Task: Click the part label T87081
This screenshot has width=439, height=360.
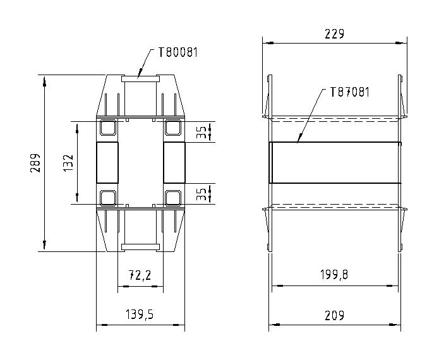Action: click(x=349, y=92)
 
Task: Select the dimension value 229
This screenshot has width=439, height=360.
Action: click(x=335, y=34)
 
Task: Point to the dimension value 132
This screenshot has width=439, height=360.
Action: click(x=69, y=162)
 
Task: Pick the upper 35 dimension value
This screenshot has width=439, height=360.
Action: click(x=201, y=132)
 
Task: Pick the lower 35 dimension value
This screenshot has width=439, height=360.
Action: click(x=201, y=193)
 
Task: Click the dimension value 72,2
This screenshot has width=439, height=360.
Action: click(x=140, y=277)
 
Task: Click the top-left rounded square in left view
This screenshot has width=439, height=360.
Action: click(x=107, y=128)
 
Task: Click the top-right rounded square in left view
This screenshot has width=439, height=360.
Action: click(x=172, y=128)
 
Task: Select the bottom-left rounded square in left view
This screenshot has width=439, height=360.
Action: click(x=107, y=198)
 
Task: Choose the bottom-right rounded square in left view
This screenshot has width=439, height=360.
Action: click(x=172, y=198)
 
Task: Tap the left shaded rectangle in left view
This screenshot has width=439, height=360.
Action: click(x=107, y=162)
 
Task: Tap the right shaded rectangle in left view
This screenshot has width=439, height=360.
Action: click(x=174, y=162)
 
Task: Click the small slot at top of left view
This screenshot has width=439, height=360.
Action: click(x=140, y=78)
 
